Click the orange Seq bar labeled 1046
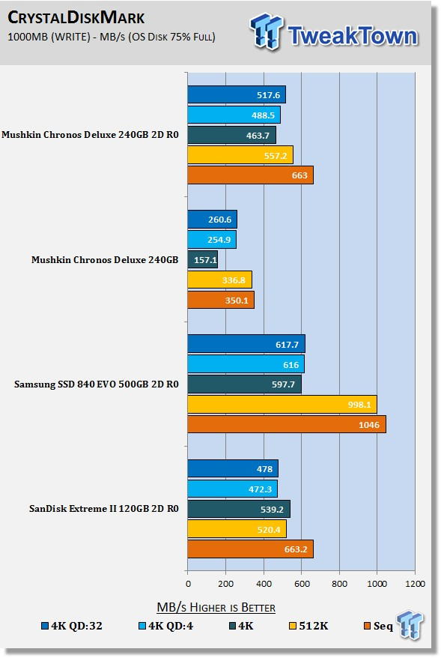point(287,424)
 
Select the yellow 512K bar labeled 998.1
point(282,404)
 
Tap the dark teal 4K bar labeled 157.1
point(202,260)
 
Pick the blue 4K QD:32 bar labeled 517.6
point(237,94)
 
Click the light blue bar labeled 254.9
point(212,240)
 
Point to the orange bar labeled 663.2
point(250,549)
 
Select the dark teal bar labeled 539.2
point(239,509)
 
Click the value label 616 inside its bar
point(291,365)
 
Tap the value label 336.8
point(234,280)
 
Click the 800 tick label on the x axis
point(339,583)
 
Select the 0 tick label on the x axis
point(188,583)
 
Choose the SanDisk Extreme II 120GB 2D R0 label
point(104,509)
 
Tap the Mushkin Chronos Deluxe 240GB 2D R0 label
point(90,135)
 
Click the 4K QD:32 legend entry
point(72,626)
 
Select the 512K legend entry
point(308,626)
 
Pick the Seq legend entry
point(379,626)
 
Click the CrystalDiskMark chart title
point(76,18)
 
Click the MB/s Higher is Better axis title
point(216,607)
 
